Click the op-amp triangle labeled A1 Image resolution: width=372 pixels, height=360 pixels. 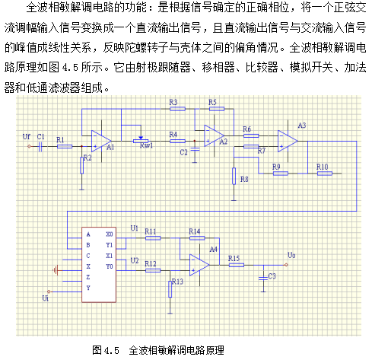click(x=101, y=141)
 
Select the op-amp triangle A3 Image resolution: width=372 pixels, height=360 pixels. click(x=288, y=141)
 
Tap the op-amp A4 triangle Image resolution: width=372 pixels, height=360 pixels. click(x=199, y=265)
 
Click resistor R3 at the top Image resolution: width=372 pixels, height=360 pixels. click(x=177, y=109)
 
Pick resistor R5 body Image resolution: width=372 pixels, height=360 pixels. click(x=217, y=109)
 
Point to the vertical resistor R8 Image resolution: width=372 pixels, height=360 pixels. click(x=234, y=176)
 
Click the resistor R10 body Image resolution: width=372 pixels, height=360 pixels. click(x=325, y=174)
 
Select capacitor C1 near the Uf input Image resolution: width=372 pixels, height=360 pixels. click(x=40, y=146)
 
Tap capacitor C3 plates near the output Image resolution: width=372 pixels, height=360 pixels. click(x=263, y=278)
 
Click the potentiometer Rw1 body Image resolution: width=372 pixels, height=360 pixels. click(x=141, y=141)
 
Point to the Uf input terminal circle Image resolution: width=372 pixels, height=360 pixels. click(x=29, y=146)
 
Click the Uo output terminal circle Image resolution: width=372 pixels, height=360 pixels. click(x=286, y=265)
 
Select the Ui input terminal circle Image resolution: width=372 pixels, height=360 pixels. click(x=49, y=292)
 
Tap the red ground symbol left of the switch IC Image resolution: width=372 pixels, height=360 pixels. click(x=56, y=270)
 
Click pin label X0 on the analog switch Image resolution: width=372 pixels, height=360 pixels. click(x=110, y=234)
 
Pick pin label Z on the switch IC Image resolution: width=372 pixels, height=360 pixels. click(x=88, y=277)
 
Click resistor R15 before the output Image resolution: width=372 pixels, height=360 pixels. click(x=237, y=265)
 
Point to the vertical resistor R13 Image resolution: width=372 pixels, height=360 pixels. click(x=170, y=289)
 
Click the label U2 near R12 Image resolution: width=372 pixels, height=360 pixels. click(x=135, y=260)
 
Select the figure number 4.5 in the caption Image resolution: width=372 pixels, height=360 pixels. click(x=111, y=351)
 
